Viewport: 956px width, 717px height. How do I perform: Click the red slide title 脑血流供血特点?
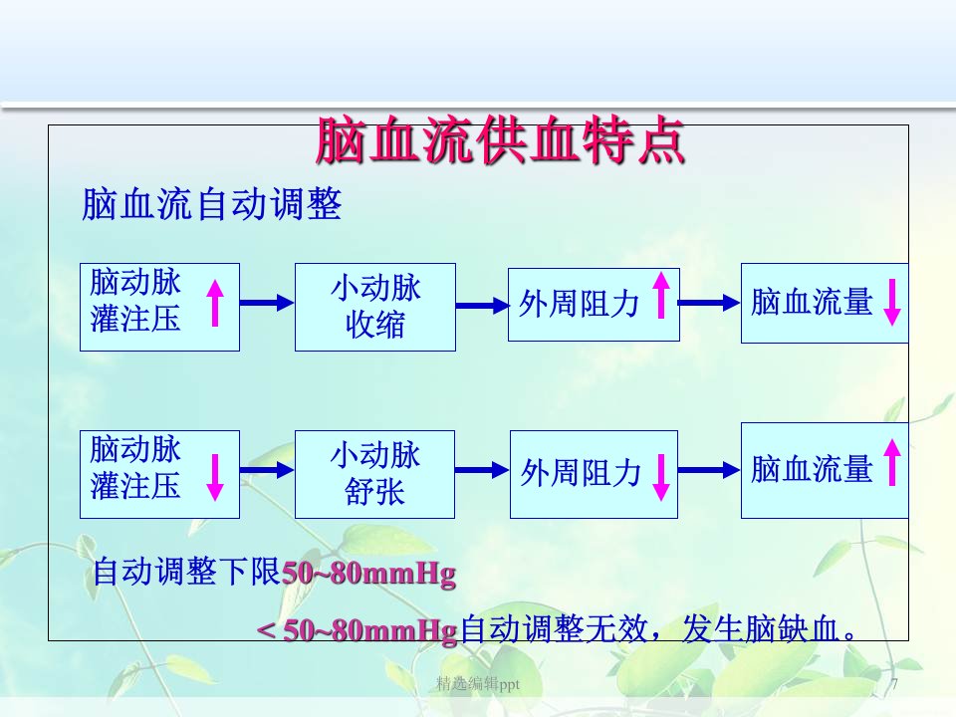coord(500,141)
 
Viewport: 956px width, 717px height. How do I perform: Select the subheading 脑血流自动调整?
coord(211,203)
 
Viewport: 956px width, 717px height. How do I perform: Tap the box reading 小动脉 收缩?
coord(375,307)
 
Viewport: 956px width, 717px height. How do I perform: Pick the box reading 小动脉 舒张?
coord(375,474)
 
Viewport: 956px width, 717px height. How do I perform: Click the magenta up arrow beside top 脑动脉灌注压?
coord(215,303)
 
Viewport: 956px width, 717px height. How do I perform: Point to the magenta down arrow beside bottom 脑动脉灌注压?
coord(215,477)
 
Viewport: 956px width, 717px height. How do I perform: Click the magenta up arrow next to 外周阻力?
coord(661,295)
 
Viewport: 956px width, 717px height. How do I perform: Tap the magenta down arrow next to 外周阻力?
coord(661,477)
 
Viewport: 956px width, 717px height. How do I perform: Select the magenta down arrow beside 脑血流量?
coord(892,303)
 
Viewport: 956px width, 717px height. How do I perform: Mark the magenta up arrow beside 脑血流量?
coord(892,462)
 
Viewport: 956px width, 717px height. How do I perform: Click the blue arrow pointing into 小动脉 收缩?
coord(267,303)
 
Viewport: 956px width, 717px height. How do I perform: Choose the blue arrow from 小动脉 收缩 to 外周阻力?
coord(482,306)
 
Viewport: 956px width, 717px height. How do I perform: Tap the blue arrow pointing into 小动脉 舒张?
coord(267,469)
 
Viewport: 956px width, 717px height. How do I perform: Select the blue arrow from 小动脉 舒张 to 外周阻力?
coord(482,469)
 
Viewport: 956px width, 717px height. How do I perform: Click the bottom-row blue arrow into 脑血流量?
coord(709,469)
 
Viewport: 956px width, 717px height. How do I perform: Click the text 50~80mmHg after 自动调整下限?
coord(368,574)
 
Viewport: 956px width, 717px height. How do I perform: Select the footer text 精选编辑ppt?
coord(478,684)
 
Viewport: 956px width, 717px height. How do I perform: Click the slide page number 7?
coord(894,683)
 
